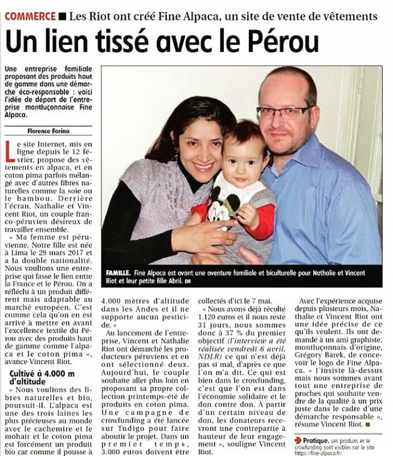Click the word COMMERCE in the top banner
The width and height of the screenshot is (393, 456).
[30, 16]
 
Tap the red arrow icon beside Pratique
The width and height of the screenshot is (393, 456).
[298, 440]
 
